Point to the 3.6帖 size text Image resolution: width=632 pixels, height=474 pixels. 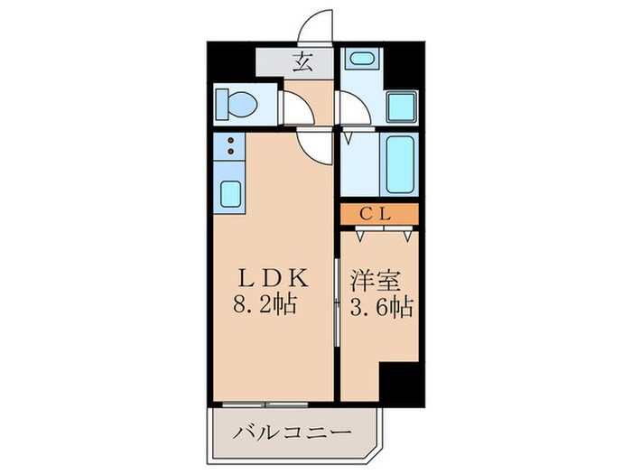point(378,306)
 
